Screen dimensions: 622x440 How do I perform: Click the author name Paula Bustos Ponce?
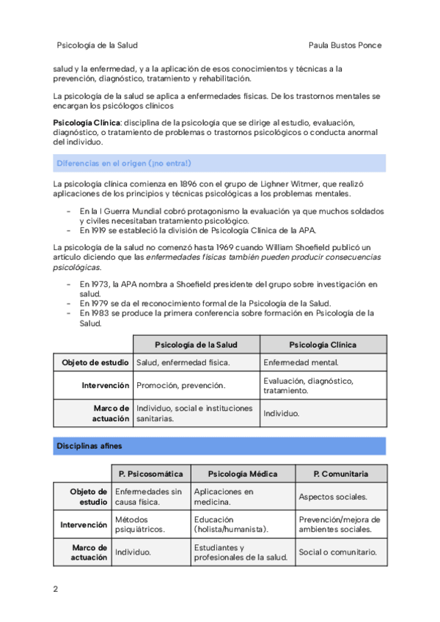pos(346,45)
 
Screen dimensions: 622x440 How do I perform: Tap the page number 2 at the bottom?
pos(56,589)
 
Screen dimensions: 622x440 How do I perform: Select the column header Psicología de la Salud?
pos(196,344)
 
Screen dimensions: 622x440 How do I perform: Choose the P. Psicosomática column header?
pos(150,474)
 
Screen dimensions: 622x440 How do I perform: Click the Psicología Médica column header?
pos(242,474)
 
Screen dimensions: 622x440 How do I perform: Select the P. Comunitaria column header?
pos(340,474)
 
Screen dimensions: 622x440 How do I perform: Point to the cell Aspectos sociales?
pos(333,497)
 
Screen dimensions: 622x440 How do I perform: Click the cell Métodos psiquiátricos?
pos(140,524)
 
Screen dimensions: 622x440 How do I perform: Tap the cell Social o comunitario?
pos(337,552)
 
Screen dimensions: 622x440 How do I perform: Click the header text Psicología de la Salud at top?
pos(97,45)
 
